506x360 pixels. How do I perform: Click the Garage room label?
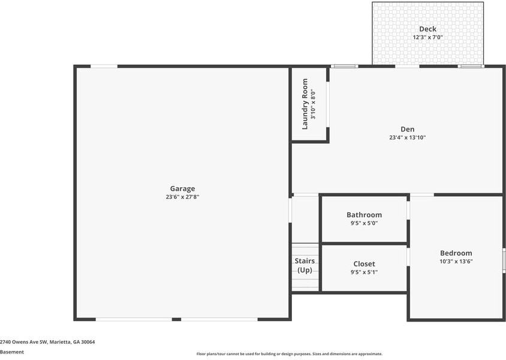click(x=182, y=188)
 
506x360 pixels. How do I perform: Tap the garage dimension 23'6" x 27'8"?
click(x=182, y=197)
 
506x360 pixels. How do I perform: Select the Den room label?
click(x=407, y=129)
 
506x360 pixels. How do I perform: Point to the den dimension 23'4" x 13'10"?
click(x=407, y=137)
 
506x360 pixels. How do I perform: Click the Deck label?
click(x=427, y=29)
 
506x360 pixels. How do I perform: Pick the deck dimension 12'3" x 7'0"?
click(x=427, y=37)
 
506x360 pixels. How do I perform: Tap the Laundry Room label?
click(x=305, y=104)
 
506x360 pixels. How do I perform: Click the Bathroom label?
click(x=364, y=215)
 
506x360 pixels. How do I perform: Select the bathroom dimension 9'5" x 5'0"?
click(x=364, y=223)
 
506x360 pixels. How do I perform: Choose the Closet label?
click(x=364, y=263)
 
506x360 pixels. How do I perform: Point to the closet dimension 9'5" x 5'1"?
click(x=364, y=272)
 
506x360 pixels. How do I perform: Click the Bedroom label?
click(x=456, y=253)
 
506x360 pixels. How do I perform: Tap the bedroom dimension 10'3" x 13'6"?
click(x=456, y=262)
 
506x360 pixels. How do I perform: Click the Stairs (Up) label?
click(x=305, y=265)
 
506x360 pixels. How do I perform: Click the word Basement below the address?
click(x=12, y=352)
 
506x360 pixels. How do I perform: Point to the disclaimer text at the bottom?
click(x=289, y=354)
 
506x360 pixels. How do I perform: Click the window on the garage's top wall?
click(x=104, y=66)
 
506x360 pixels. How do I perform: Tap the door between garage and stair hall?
click(x=291, y=211)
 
